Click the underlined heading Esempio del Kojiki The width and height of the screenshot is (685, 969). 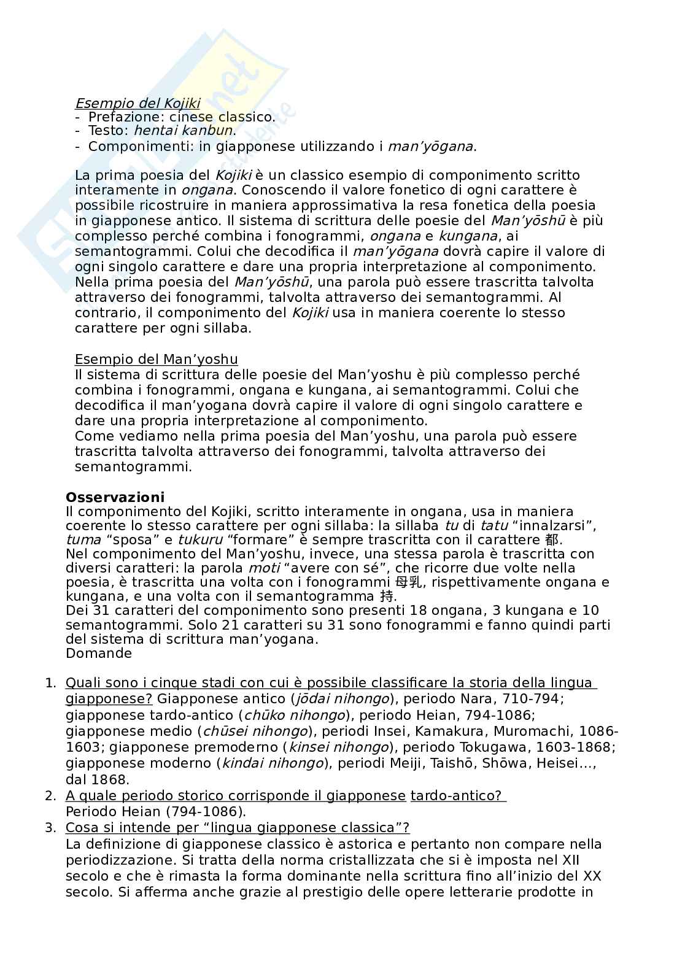click(137, 104)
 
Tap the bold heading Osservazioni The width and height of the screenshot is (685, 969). click(115, 497)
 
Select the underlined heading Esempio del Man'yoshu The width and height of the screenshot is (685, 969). click(156, 359)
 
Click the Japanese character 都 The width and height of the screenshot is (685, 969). click(551, 540)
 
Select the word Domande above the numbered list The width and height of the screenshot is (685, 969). click(99, 653)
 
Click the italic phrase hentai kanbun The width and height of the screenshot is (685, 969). click(183, 130)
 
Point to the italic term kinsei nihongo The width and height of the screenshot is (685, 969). click(339, 747)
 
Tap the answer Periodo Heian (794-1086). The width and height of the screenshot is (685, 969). click(156, 811)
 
